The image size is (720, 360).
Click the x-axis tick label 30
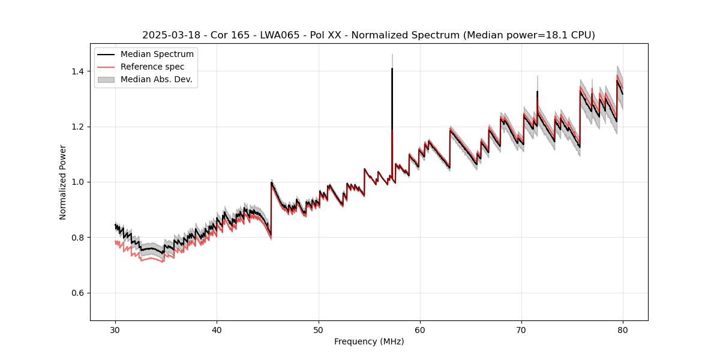pyautogui.click(x=116, y=329)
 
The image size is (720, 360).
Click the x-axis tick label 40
pyautogui.click(x=217, y=329)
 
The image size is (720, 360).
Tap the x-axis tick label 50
pyautogui.click(x=319, y=329)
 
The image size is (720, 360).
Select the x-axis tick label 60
pyautogui.click(x=420, y=329)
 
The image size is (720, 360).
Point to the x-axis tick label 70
pyautogui.click(x=521, y=329)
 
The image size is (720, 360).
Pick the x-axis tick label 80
pyautogui.click(x=623, y=329)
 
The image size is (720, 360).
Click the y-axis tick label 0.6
pyautogui.click(x=77, y=293)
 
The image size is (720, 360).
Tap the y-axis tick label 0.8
pyautogui.click(x=77, y=238)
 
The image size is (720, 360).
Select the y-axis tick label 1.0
pyautogui.click(x=77, y=182)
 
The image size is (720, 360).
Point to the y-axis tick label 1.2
pyautogui.click(x=77, y=127)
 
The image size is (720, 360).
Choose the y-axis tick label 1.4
pyautogui.click(x=77, y=71)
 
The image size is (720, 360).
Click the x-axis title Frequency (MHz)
pyautogui.click(x=369, y=341)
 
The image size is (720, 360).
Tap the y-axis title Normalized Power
pyautogui.click(x=62, y=182)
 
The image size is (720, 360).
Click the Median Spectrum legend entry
pyautogui.click(x=157, y=55)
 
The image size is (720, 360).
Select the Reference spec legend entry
pyautogui.click(x=152, y=67)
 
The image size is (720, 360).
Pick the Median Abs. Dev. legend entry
pyautogui.click(x=156, y=79)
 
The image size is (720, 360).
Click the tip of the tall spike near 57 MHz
pyautogui.click(x=392, y=68)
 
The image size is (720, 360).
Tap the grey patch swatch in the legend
pyautogui.click(x=106, y=79)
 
